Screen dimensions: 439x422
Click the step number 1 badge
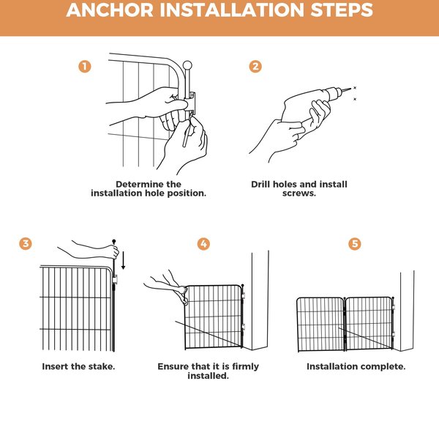pos(85,67)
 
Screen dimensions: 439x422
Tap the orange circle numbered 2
pos(255,67)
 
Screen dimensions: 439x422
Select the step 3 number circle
pos(26,243)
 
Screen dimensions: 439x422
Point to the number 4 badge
pos(203,244)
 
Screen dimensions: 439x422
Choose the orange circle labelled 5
pos(354,244)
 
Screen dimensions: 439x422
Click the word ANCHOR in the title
pos(110,10)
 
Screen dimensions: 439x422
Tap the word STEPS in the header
pos(342,10)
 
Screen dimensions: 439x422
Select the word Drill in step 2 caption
pos(260,184)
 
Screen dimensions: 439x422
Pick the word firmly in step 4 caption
pos(245,366)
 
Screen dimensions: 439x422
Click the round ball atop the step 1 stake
pos(187,65)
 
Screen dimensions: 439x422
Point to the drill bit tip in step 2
pos(350,89)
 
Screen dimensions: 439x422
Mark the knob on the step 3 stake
pos(113,241)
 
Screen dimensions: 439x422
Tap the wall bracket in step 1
pos(191,103)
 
